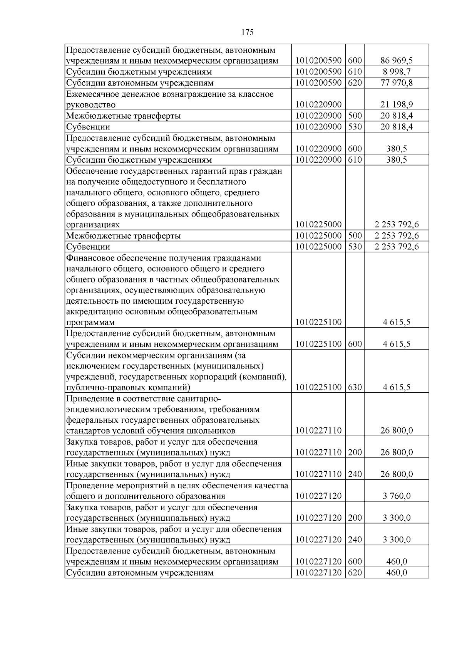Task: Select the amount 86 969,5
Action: pos(397,61)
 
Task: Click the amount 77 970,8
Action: pos(397,83)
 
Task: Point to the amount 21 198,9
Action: pos(397,105)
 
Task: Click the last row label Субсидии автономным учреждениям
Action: pos(139,573)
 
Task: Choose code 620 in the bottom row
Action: pos(355,573)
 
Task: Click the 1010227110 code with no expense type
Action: pos(318,431)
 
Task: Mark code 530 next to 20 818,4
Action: pos(355,127)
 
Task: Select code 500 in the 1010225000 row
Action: pos(355,236)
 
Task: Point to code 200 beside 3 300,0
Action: pos(355,518)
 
